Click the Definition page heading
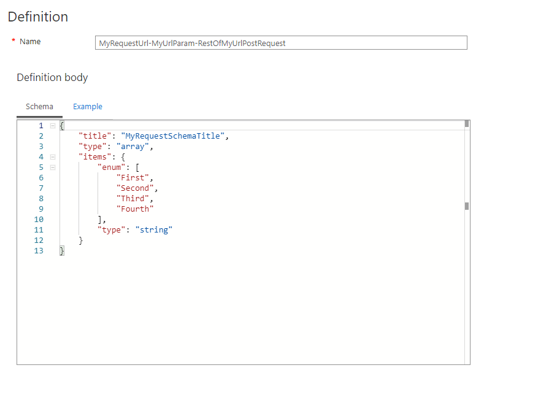click(38, 17)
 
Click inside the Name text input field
click(282, 43)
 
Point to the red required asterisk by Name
click(13, 41)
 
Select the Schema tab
click(39, 107)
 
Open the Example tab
click(88, 107)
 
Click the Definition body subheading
click(52, 77)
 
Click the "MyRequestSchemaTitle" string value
click(173, 136)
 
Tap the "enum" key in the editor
click(111, 167)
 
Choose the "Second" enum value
click(135, 188)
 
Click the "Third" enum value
click(133, 199)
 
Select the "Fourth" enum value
click(135, 209)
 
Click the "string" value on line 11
click(153, 230)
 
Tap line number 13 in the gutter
click(39, 251)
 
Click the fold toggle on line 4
click(53, 157)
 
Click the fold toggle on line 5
click(53, 167)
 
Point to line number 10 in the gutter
click(39, 220)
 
